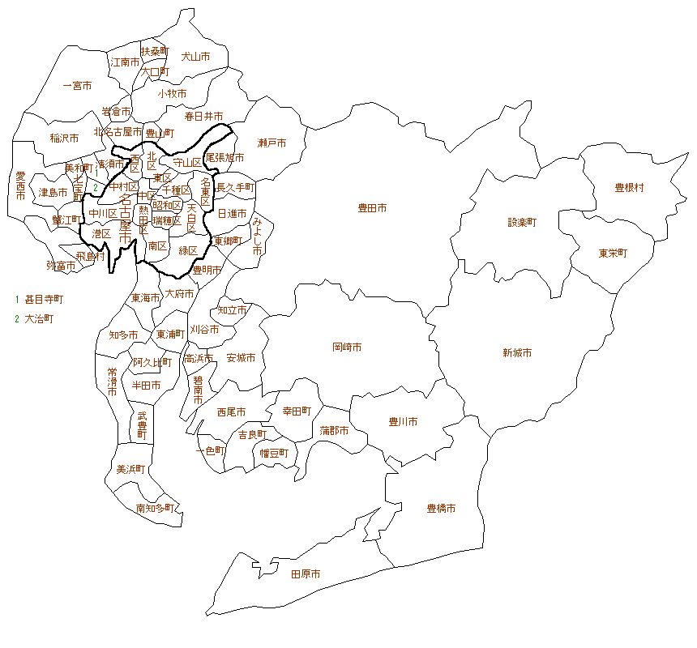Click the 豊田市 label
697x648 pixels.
(372, 208)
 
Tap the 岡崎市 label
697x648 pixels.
(347, 347)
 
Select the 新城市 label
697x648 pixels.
(516, 353)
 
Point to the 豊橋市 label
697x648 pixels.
(441, 509)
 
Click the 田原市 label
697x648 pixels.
(306, 573)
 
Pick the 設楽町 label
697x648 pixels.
(522, 221)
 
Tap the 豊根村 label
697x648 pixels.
(629, 187)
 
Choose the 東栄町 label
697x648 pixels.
(613, 253)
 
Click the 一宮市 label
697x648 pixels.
(77, 85)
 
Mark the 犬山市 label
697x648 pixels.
(195, 57)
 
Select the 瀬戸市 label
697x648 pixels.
(272, 143)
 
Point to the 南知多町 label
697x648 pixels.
(154, 509)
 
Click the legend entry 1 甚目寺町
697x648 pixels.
(39, 299)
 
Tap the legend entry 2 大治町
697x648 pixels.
(34, 318)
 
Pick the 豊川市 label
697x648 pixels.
(403, 421)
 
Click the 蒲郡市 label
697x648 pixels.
(334, 430)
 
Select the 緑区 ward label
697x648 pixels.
(188, 249)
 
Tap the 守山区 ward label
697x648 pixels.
(186, 163)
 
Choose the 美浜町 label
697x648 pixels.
(130, 469)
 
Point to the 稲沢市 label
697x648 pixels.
(64, 138)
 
